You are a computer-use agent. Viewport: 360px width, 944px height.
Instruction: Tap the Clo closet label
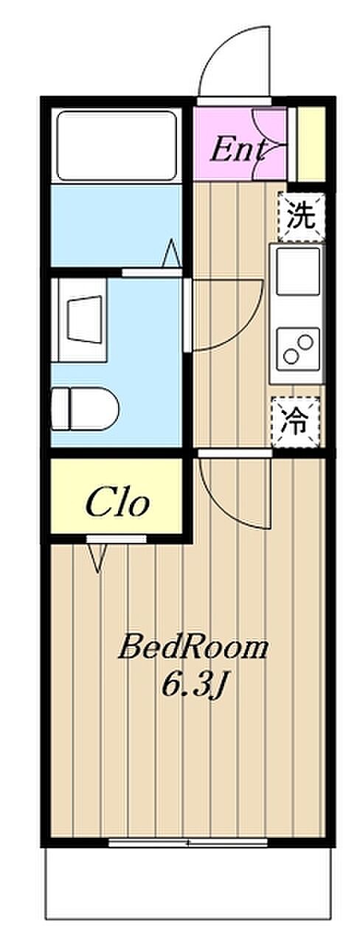117,502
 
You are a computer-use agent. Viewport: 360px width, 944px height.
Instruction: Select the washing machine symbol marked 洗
301,217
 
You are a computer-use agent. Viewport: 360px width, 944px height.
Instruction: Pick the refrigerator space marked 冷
296,422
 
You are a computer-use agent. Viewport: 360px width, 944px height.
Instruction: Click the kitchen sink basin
298,271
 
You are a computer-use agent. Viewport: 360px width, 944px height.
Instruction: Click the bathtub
117,145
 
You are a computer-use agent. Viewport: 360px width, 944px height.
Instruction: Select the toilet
85,409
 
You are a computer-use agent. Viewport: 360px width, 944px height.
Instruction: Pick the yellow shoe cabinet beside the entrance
311,145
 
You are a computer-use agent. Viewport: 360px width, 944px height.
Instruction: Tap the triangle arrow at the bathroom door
172,254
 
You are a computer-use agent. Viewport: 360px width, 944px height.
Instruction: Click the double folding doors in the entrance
270,143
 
